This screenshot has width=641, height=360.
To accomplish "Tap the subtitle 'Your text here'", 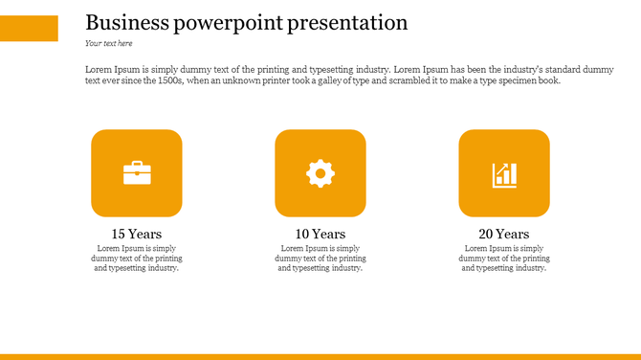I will point(108,43).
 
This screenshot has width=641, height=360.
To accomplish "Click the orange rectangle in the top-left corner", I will point(29,28).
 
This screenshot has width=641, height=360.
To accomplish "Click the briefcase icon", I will point(137,173).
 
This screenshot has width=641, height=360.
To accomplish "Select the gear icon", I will point(320,173).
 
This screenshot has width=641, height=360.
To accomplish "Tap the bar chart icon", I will point(504,174).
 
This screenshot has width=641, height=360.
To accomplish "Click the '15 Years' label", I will point(137,234).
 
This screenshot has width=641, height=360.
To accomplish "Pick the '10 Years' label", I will point(320,234).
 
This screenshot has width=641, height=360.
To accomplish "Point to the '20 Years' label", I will point(504,234).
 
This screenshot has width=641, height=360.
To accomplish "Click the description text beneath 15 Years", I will point(137,258).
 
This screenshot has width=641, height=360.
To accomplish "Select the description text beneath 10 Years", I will point(320,258).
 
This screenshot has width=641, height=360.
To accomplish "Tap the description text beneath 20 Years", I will point(504,258).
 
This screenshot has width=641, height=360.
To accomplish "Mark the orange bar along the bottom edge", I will point(320,356).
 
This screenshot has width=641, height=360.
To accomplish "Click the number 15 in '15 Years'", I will point(119,234).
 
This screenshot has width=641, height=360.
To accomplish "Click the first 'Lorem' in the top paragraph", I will point(97,70).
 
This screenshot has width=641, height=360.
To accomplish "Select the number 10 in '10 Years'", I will point(302,234).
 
